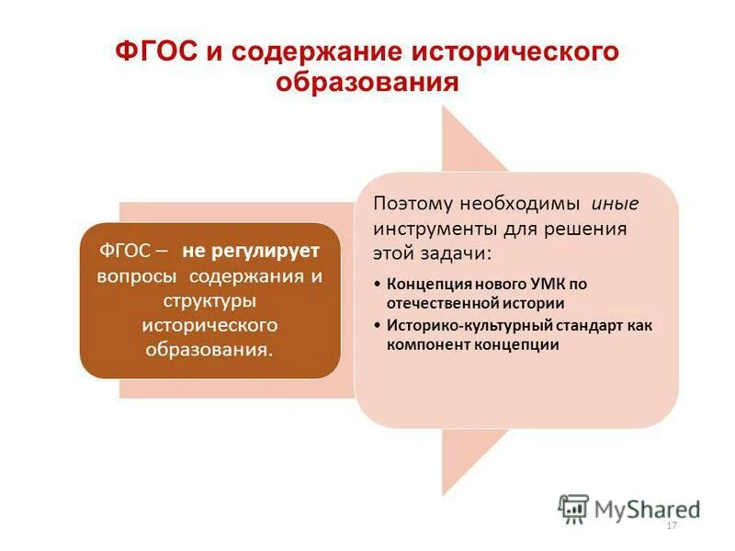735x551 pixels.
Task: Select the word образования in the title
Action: point(367,83)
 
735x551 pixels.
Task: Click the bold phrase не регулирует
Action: point(250,251)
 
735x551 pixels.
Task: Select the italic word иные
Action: point(615,203)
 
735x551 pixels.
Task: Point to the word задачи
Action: point(460,252)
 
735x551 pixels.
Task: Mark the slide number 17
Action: point(671,525)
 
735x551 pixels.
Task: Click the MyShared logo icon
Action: point(573,508)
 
